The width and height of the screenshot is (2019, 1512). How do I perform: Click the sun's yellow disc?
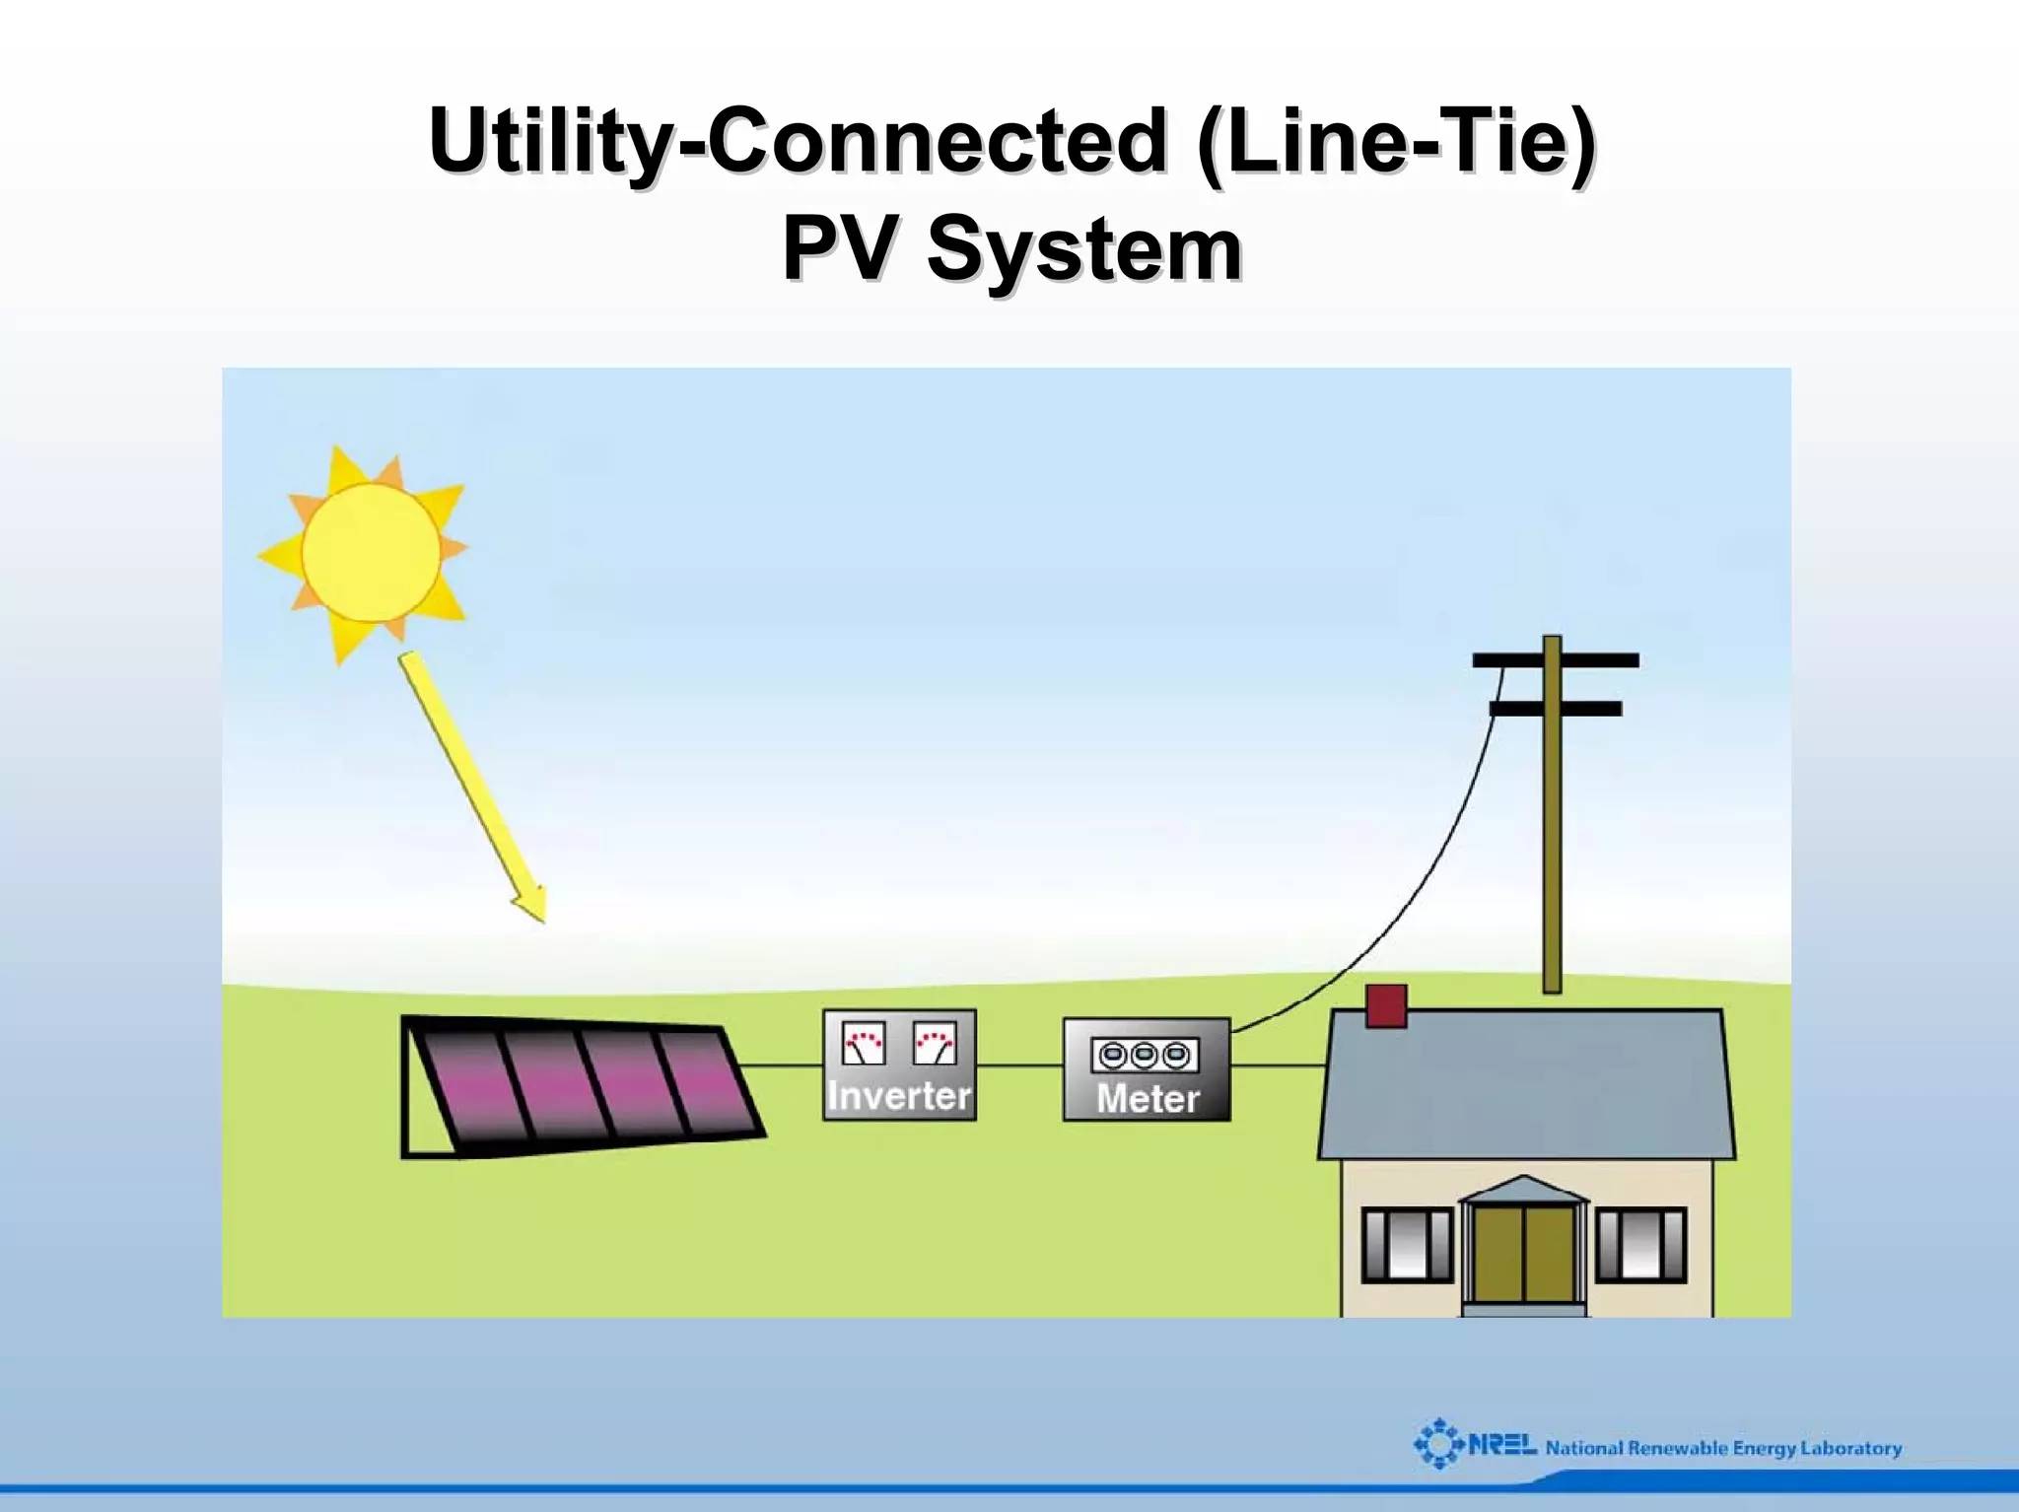point(371,552)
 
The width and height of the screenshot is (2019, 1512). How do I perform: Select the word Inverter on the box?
point(899,1095)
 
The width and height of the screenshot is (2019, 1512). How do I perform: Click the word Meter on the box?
point(1148,1098)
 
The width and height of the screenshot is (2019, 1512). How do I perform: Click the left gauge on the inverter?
point(865,1044)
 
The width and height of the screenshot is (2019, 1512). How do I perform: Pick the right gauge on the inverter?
point(935,1044)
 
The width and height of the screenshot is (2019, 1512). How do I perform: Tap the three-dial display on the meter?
point(1145,1056)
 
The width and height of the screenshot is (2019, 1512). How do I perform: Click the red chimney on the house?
point(1386,1006)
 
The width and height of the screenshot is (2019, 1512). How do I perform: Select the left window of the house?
point(1407,1245)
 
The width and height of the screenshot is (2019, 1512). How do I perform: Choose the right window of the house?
point(1641,1245)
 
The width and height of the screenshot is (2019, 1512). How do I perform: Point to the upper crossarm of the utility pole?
point(1556,660)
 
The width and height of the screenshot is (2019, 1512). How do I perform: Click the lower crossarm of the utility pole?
point(1556,708)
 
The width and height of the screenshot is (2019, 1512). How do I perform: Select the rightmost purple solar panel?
point(706,1080)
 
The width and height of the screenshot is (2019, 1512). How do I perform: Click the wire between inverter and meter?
point(1019,1065)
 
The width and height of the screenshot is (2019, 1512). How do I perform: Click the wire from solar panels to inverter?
point(781,1065)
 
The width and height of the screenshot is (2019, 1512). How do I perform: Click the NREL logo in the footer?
point(1474,1445)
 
